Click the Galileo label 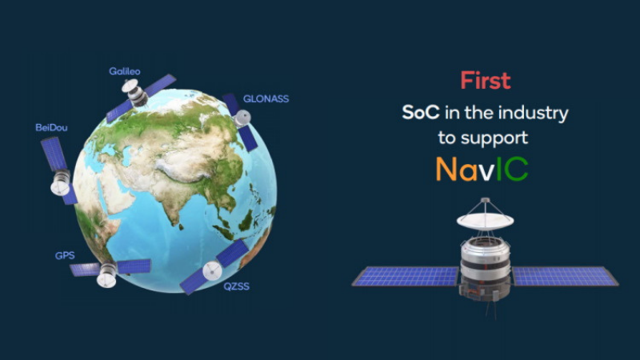(125, 70)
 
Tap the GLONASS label (265, 99)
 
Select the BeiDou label (50, 127)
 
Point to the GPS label (65, 256)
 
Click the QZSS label (236, 286)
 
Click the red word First (485, 81)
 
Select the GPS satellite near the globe (108, 272)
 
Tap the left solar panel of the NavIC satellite (406, 277)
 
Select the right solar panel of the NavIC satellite (565, 276)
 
